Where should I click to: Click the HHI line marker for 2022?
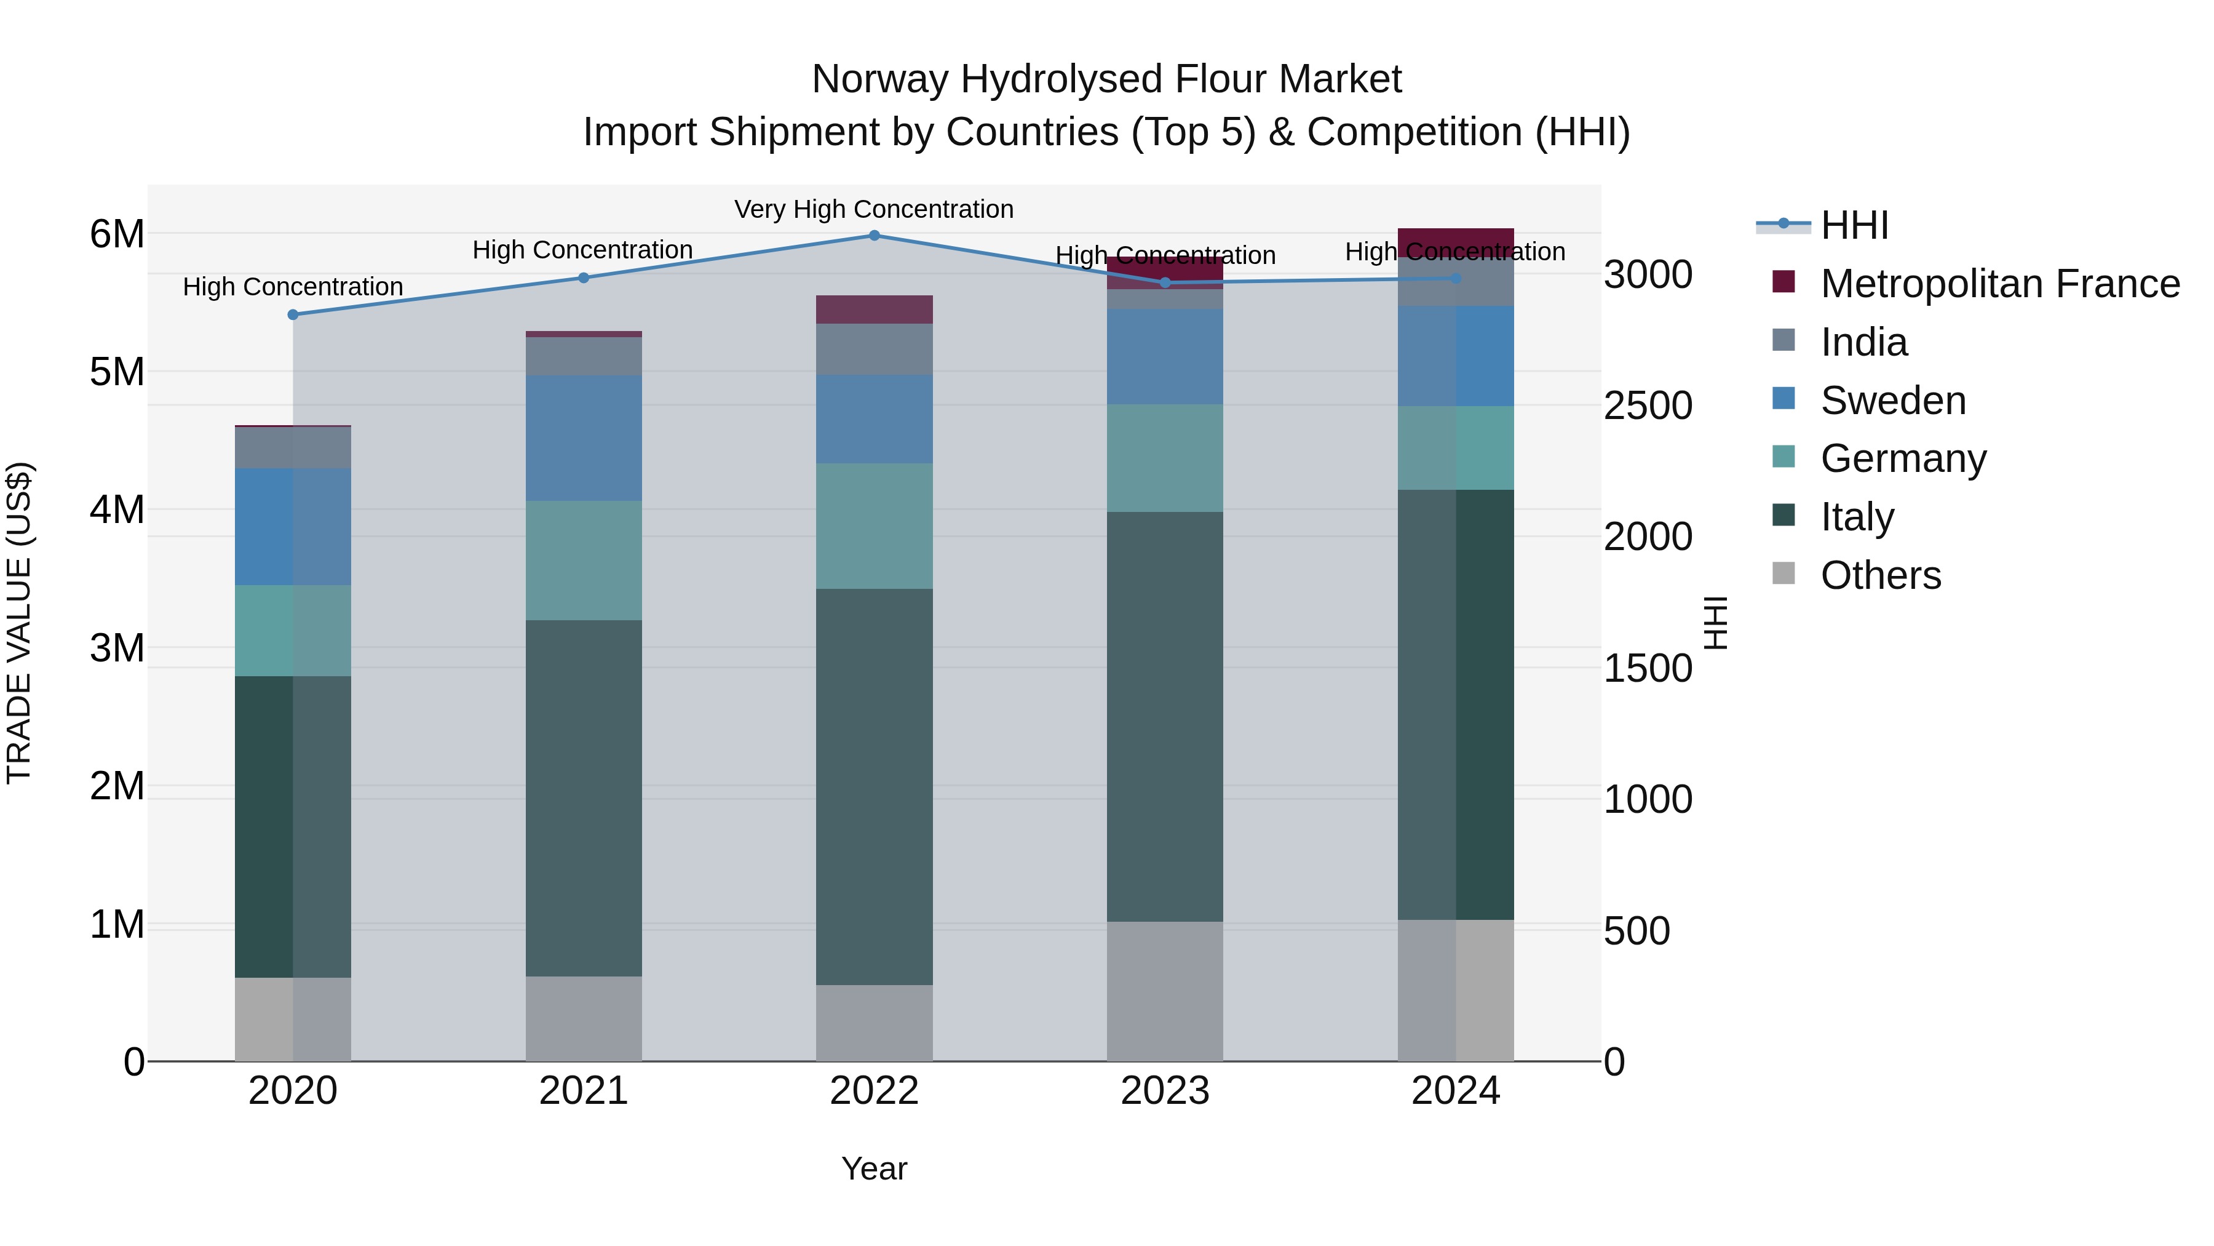point(874,236)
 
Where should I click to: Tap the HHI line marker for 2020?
point(293,314)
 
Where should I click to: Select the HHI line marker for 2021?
point(584,278)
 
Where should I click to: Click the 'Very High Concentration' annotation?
point(873,209)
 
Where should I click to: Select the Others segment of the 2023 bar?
point(1165,991)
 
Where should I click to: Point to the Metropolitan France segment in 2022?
point(874,310)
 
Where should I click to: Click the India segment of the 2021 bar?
point(584,356)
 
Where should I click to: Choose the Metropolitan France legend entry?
point(1999,284)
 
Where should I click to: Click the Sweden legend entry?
point(1892,401)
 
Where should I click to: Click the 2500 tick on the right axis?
point(1648,406)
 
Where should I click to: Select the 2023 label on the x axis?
point(1165,1091)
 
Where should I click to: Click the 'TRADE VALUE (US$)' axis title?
point(19,623)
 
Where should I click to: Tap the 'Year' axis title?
point(874,1168)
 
